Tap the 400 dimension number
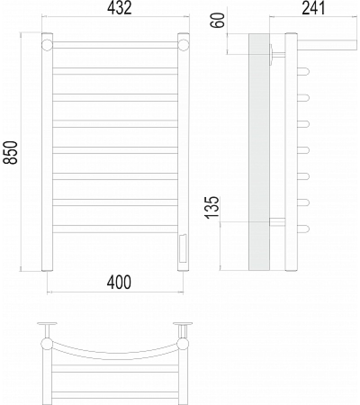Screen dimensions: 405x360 pos(119,282)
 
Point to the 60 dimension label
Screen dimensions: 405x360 pos(218,20)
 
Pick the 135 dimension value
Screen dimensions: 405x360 pos(212,208)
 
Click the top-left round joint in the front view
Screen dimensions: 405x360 pos(47,45)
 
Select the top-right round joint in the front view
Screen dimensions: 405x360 pos(183,45)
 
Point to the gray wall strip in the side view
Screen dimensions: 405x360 pos(259,153)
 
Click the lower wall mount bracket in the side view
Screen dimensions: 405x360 pos(277,221)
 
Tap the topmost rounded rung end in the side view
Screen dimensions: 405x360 pos(303,71)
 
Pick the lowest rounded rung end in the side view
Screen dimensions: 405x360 pos(303,229)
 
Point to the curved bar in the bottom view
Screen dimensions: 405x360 pos(115,355)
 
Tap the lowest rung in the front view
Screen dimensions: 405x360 pos(115,229)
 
